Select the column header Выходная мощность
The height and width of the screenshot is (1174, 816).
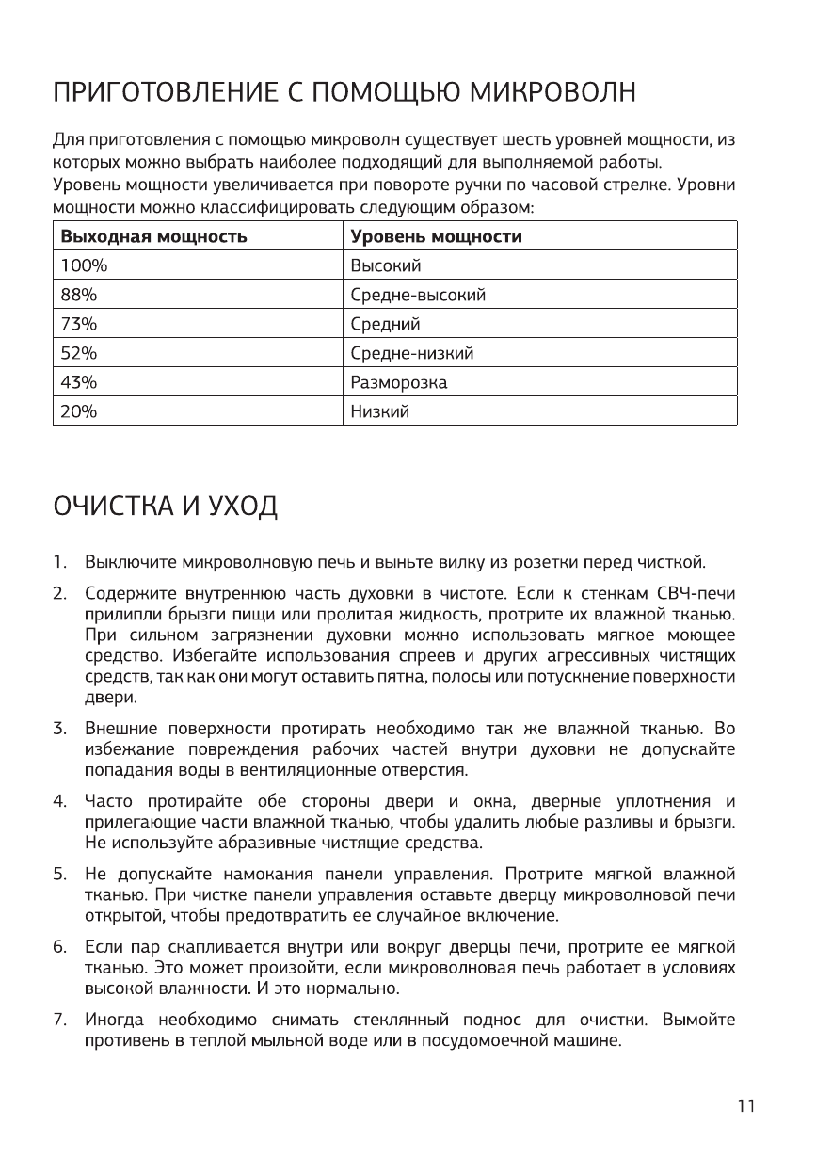154,236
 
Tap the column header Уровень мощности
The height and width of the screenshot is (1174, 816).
436,236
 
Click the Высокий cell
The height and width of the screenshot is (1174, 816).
385,266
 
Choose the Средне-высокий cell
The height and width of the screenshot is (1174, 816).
418,296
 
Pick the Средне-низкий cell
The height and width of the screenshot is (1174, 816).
411,353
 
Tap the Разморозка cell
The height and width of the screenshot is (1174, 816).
398,382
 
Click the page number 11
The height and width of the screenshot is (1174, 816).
746,1106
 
